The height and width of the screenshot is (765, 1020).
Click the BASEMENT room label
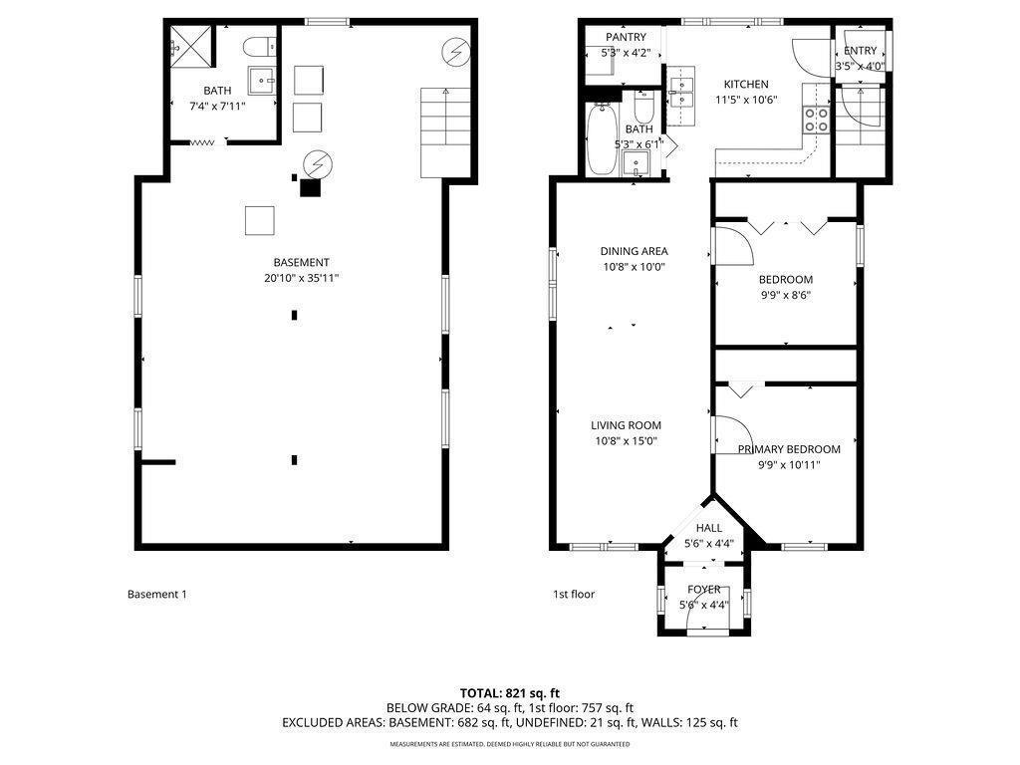click(301, 262)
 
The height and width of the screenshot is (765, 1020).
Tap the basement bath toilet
click(260, 47)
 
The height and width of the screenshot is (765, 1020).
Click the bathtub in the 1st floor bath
click(602, 139)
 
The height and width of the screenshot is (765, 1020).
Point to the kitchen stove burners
click(817, 120)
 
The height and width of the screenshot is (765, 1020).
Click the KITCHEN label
click(746, 84)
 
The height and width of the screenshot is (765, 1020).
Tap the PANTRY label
click(626, 37)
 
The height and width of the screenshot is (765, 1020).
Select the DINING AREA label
click(634, 251)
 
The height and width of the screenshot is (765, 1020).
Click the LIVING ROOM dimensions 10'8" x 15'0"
click(626, 441)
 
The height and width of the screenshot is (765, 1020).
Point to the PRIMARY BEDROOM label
click(789, 449)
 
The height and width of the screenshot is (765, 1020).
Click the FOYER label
click(704, 590)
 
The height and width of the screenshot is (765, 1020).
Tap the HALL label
click(709, 528)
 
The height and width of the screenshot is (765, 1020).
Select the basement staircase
click(445, 132)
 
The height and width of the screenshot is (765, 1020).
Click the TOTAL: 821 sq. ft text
click(509, 693)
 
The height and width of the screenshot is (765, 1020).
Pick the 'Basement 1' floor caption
click(156, 594)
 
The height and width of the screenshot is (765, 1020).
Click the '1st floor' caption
click(574, 594)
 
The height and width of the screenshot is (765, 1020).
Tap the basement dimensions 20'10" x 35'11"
click(301, 279)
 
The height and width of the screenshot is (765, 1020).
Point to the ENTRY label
click(860, 51)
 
